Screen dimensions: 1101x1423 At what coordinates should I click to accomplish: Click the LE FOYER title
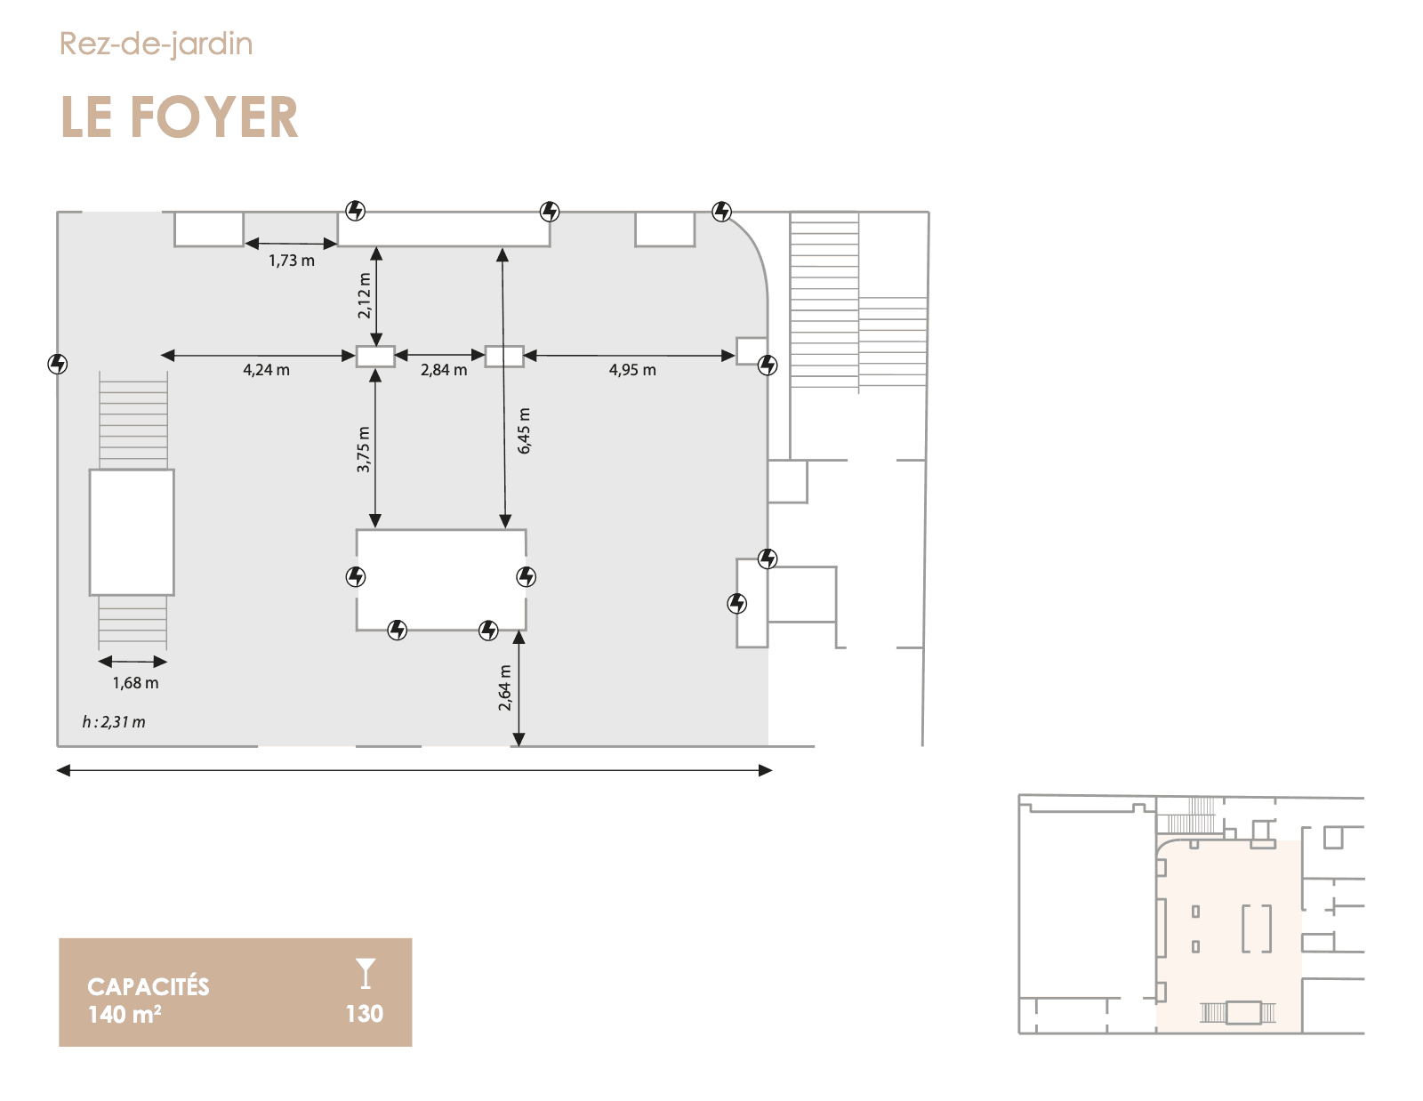(179, 117)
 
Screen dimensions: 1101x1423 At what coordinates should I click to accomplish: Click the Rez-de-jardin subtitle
(156, 44)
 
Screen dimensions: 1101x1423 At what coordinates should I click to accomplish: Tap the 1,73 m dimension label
(292, 261)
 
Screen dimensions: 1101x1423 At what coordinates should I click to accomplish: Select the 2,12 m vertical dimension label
(365, 295)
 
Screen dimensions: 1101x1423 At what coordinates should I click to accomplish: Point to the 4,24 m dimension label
(266, 370)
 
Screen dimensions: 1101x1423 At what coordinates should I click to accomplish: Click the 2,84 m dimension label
(443, 370)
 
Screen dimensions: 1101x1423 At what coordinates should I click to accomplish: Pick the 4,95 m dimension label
(632, 370)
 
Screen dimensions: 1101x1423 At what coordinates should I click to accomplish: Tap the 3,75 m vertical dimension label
(364, 449)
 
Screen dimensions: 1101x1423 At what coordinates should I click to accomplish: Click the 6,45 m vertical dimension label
(524, 430)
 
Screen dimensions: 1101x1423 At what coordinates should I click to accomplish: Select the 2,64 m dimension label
(505, 687)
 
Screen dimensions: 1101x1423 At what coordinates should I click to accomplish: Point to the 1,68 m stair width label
(135, 683)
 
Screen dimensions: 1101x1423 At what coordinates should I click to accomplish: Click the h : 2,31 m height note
(114, 722)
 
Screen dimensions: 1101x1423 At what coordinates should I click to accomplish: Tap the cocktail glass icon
(366, 973)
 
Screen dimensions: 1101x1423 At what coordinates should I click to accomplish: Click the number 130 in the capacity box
(364, 1014)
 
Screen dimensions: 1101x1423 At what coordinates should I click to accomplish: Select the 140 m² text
(125, 1015)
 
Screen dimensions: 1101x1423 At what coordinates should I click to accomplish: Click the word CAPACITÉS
(148, 986)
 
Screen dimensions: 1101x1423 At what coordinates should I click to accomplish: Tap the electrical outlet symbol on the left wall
(58, 364)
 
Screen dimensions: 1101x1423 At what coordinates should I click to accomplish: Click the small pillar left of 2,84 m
(375, 357)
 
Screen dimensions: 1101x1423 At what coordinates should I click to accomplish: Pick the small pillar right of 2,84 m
(504, 357)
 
